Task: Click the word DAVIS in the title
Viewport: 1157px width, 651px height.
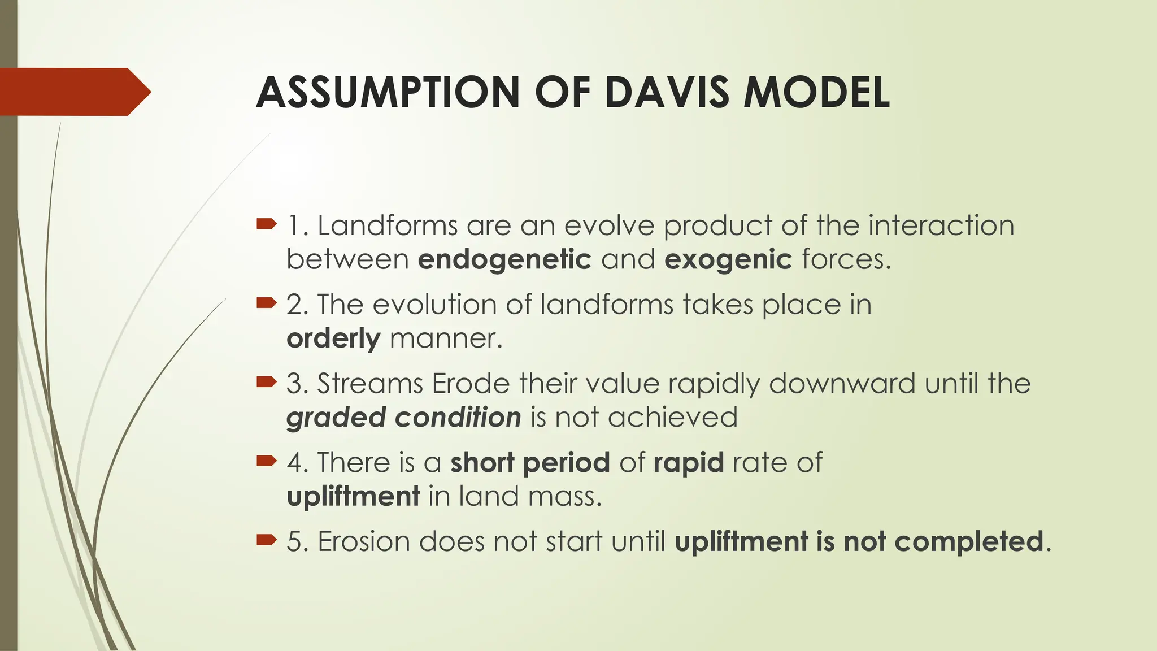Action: tap(667, 92)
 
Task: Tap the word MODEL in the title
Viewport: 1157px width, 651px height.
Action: tap(816, 92)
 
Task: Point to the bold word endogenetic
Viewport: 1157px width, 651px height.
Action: tap(504, 260)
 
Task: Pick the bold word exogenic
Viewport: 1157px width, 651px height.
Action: tap(728, 260)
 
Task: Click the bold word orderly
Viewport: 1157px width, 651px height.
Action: tap(333, 339)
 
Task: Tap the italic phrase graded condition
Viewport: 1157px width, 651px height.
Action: tap(403, 418)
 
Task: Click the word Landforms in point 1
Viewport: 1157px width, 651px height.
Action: tap(387, 225)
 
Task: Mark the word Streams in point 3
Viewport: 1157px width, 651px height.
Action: tap(369, 384)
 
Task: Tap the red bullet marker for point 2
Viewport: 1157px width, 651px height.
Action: tap(266, 303)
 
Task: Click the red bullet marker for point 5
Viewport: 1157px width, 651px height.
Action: tap(266, 541)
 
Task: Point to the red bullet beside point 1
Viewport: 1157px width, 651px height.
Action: tap(266, 224)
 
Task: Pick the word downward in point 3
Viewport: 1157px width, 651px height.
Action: tap(842, 384)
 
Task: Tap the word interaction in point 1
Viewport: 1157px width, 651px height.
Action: tap(941, 225)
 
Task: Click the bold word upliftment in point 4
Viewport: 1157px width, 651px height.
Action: tap(353, 497)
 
